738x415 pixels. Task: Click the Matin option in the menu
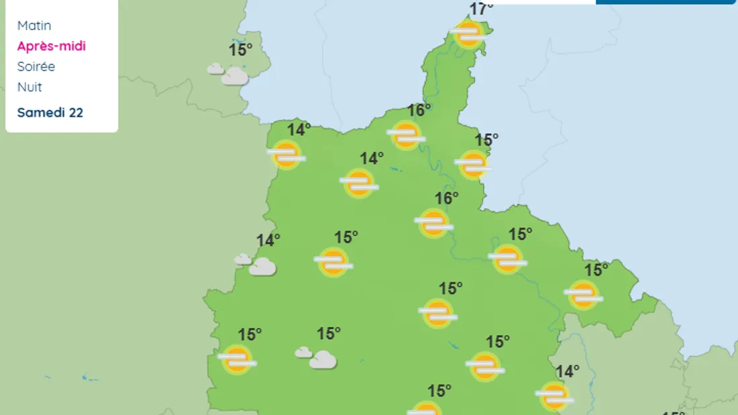coord(34,25)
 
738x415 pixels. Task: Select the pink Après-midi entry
coord(52,46)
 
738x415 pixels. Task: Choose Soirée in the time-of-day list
coord(36,66)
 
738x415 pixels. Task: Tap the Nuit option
coord(30,87)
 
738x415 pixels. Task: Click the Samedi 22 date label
coord(50,113)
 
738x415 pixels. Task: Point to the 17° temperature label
coord(481,9)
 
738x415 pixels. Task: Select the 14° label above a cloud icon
coord(268,240)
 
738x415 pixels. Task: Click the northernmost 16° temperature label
coord(419,110)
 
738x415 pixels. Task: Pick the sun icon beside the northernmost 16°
coord(406,135)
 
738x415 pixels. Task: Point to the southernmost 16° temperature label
coord(447,198)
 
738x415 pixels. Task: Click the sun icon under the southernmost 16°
coord(434,223)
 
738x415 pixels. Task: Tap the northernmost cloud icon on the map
coord(229,74)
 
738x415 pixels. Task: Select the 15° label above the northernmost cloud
coord(240,49)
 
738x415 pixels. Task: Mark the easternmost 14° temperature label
coord(568,371)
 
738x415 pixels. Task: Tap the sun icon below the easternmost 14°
coord(555,396)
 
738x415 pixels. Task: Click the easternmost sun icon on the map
coord(583,294)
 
